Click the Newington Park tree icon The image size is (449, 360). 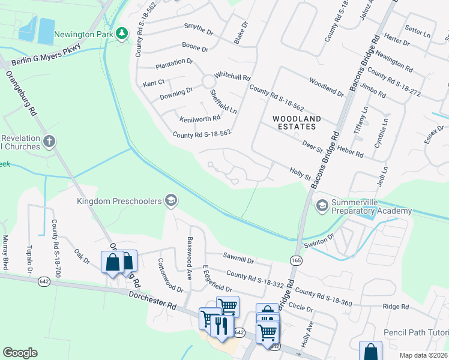122,34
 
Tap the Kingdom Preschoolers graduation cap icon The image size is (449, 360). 170,200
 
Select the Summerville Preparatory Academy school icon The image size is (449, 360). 322,206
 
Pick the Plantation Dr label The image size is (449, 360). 174,62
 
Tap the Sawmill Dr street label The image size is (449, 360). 238,261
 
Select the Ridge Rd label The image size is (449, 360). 395,307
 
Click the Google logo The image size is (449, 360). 20,352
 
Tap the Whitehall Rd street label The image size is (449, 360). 232,77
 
